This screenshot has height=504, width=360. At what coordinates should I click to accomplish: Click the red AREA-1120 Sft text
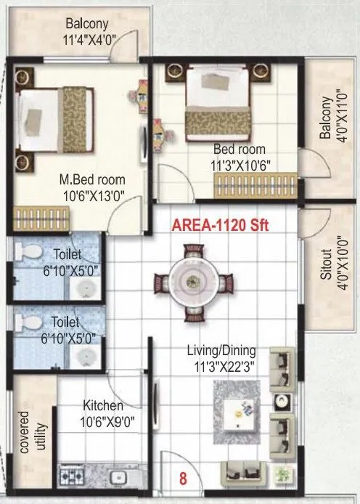click(219, 226)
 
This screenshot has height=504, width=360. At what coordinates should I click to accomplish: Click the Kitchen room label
click(102, 405)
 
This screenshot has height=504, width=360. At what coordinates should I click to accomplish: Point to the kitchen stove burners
click(73, 477)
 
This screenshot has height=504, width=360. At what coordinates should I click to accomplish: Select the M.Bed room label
click(92, 179)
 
